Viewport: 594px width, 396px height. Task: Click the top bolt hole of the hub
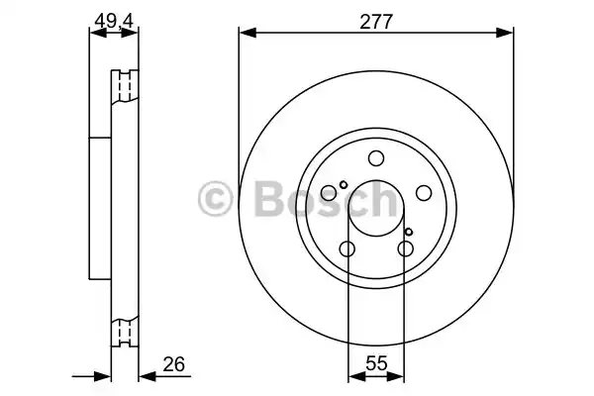click(376, 158)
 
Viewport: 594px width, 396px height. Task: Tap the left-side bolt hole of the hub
click(330, 194)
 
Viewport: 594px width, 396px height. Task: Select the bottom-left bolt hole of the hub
click(347, 249)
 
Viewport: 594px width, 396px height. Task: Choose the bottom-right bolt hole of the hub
click(405, 249)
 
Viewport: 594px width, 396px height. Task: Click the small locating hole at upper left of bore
click(343, 184)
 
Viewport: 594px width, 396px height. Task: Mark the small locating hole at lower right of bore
click(409, 232)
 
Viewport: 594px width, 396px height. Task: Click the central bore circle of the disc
click(376, 209)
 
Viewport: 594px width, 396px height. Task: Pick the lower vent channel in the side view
click(124, 332)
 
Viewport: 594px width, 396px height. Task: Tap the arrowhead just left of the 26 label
click(144, 375)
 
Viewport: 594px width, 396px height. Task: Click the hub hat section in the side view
click(99, 208)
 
